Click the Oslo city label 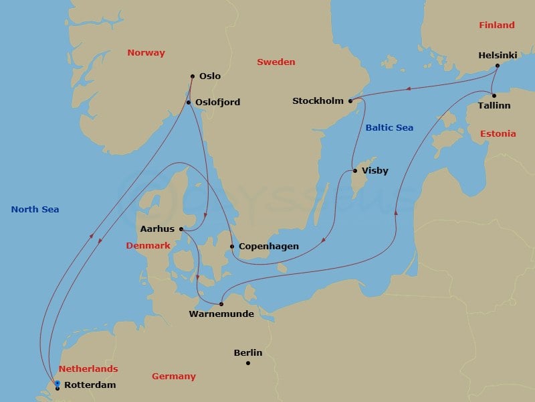click(210, 76)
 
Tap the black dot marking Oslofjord click(189, 103)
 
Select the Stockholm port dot click(350, 101)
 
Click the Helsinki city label click(497, 56)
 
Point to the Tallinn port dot click(494, 96)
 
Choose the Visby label click(374, 171)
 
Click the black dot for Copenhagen click(232, 247)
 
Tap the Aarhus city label click(158, 229)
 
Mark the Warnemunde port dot click(221, 304)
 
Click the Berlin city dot click(247, 363)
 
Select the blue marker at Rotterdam click(58, 384)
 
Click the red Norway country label click(146, 53)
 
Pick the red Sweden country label click(276, 62)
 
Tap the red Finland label click(497, 25)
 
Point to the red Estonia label click(498, 134)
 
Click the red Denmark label click(148, 246)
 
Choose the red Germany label click(173, 377)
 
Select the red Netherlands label click(88, 369)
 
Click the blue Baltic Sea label click(389, 128)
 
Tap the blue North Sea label click(35, 210)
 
